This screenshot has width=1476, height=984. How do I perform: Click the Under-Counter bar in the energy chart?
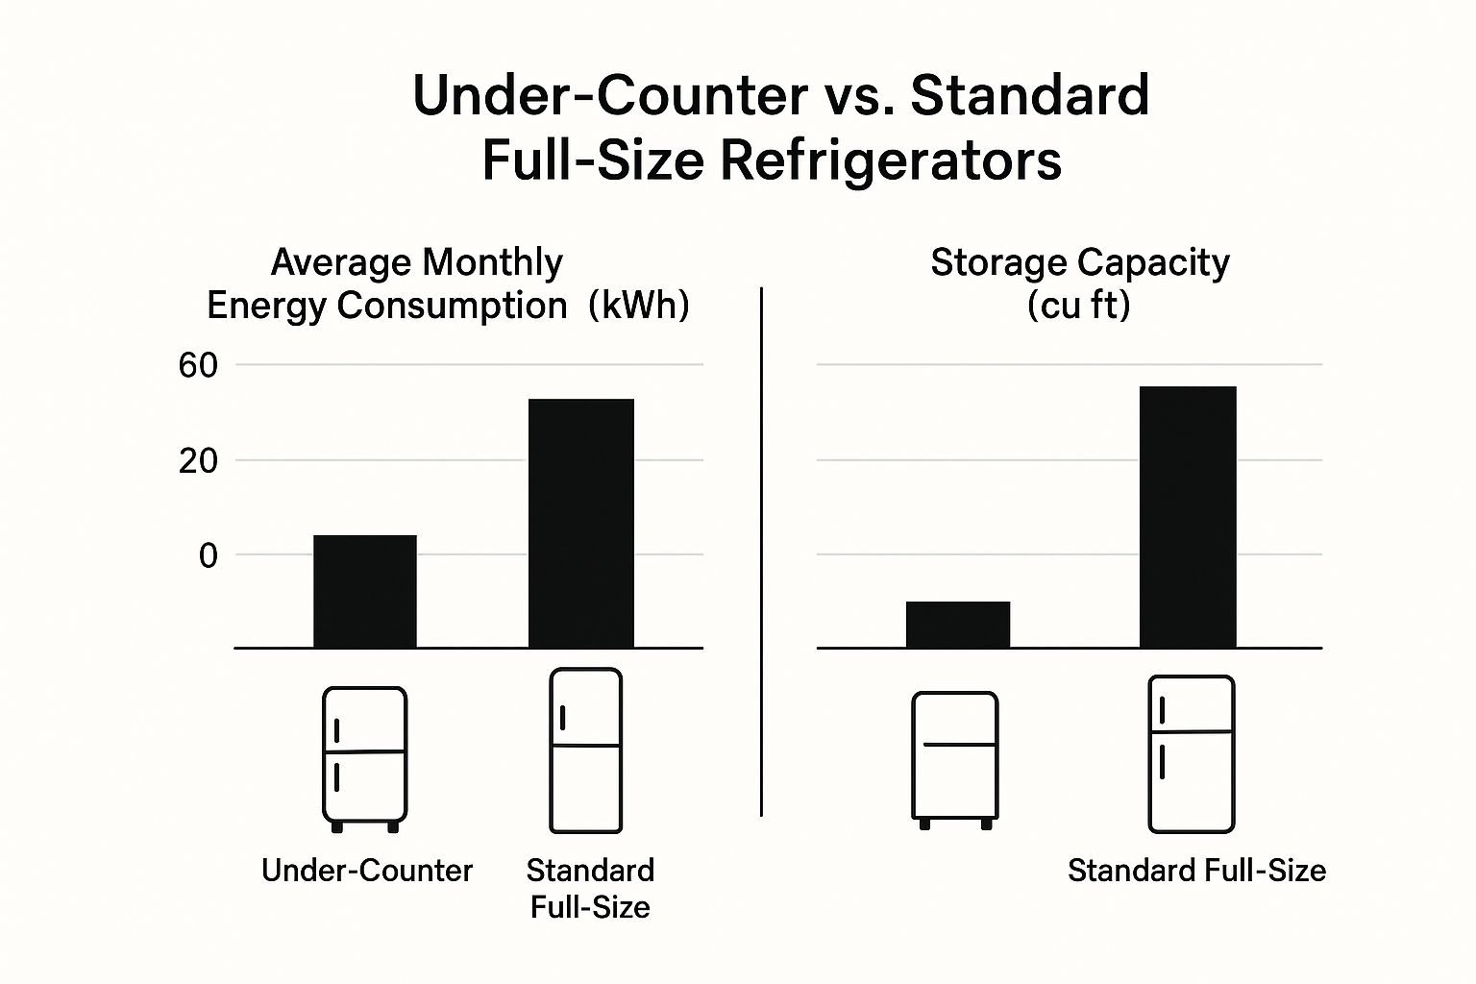click(365, 591)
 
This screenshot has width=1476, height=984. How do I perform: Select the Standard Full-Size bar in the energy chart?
click(581, 523)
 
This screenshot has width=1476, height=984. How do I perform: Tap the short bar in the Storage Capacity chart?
click(958, 625)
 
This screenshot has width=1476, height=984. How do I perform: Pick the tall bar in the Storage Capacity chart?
click(1188, 517)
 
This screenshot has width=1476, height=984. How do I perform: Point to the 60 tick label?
click(199, 365)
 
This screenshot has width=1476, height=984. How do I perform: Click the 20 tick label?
click(199, 460)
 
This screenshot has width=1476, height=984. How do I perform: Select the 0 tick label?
click(208, 555)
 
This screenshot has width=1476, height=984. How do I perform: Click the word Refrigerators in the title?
click(891, 160)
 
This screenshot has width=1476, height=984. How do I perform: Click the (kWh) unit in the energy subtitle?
click(638, 306)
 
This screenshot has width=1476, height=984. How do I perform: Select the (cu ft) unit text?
click(1078, 306)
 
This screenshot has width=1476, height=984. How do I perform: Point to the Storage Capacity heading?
click(1080, 262)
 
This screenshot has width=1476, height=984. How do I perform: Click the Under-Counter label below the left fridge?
click(367, 871)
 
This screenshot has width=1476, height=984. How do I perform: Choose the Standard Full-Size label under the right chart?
click(1196, 871)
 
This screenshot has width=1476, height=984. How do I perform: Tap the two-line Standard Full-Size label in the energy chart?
click(590, 888)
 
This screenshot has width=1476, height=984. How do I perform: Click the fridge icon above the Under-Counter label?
click(364, 758)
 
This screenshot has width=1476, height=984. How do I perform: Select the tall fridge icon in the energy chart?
click(585, 750)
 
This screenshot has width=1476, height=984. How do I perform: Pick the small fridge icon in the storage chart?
click(954, 758)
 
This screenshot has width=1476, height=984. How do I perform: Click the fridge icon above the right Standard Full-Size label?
click(1191, 753)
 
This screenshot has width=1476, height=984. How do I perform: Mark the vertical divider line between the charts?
click(761, 553)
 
